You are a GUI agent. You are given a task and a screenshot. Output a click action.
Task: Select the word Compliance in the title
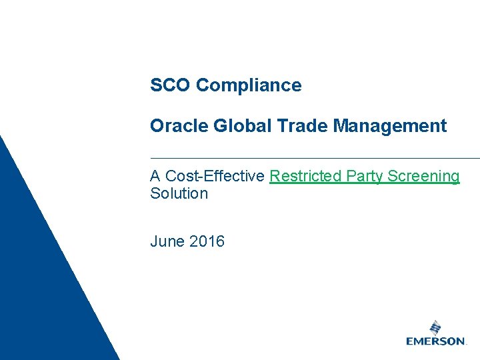pos(249,85)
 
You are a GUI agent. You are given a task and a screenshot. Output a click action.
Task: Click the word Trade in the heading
pos(288,125)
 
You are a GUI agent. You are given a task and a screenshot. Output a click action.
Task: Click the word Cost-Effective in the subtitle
pos(215,176)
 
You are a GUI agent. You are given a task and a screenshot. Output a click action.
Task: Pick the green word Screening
pos(423,176)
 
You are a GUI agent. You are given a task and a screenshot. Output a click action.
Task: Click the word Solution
pos(179,193)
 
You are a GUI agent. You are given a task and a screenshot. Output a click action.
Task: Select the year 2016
pos(207,241)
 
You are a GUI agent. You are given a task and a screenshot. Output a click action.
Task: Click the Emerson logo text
pos(436,341)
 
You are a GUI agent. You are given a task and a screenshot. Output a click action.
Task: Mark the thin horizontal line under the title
pos(313,158)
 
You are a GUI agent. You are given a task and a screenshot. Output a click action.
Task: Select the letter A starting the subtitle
pos(155,176)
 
